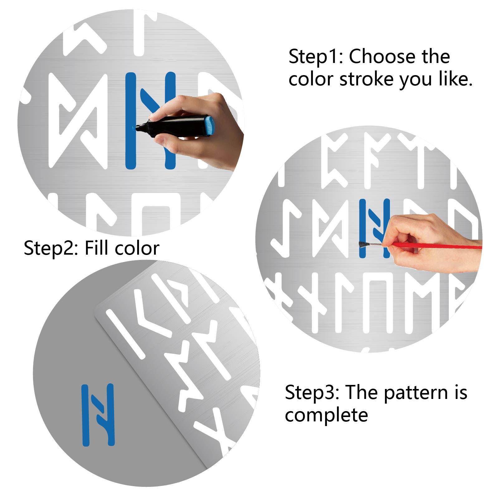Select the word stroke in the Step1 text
(367, 79)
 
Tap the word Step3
(312, 392)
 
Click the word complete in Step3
(326, 415)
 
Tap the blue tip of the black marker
(134, 127)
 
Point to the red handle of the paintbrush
(436, 246)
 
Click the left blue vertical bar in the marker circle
(131, 121)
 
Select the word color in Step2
(137, 249)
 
